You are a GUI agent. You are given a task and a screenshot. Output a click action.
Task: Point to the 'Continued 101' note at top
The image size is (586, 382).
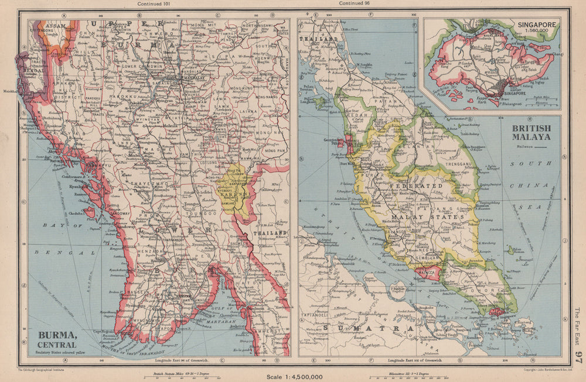154,4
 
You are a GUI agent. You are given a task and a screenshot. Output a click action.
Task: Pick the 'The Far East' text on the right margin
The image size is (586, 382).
578,325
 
